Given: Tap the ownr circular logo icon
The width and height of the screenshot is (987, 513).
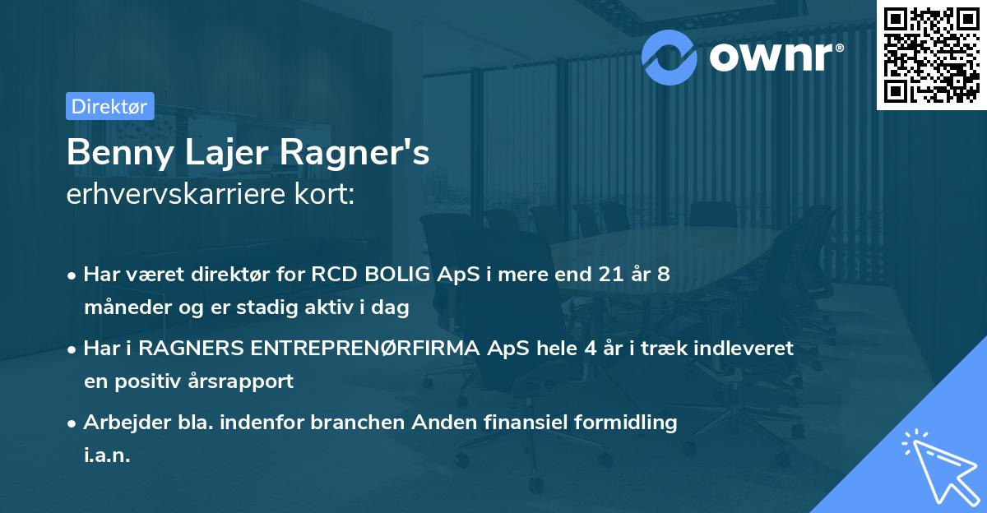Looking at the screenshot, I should (670, 57).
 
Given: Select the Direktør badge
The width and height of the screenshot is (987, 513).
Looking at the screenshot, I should (109, 106).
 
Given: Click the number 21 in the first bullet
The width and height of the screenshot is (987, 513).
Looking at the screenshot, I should (604, 275).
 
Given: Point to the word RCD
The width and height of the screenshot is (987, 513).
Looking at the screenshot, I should (334, 275).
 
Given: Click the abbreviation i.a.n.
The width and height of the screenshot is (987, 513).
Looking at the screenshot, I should (107, 455).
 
